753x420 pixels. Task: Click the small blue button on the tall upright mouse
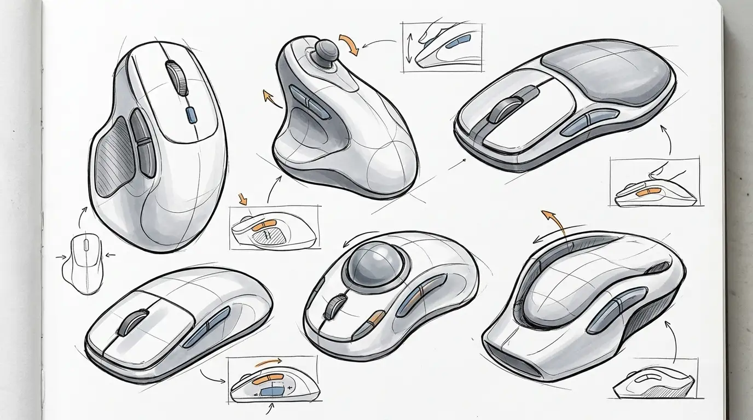coord(191,114)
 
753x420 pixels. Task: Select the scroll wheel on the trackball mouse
coord(332,308)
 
